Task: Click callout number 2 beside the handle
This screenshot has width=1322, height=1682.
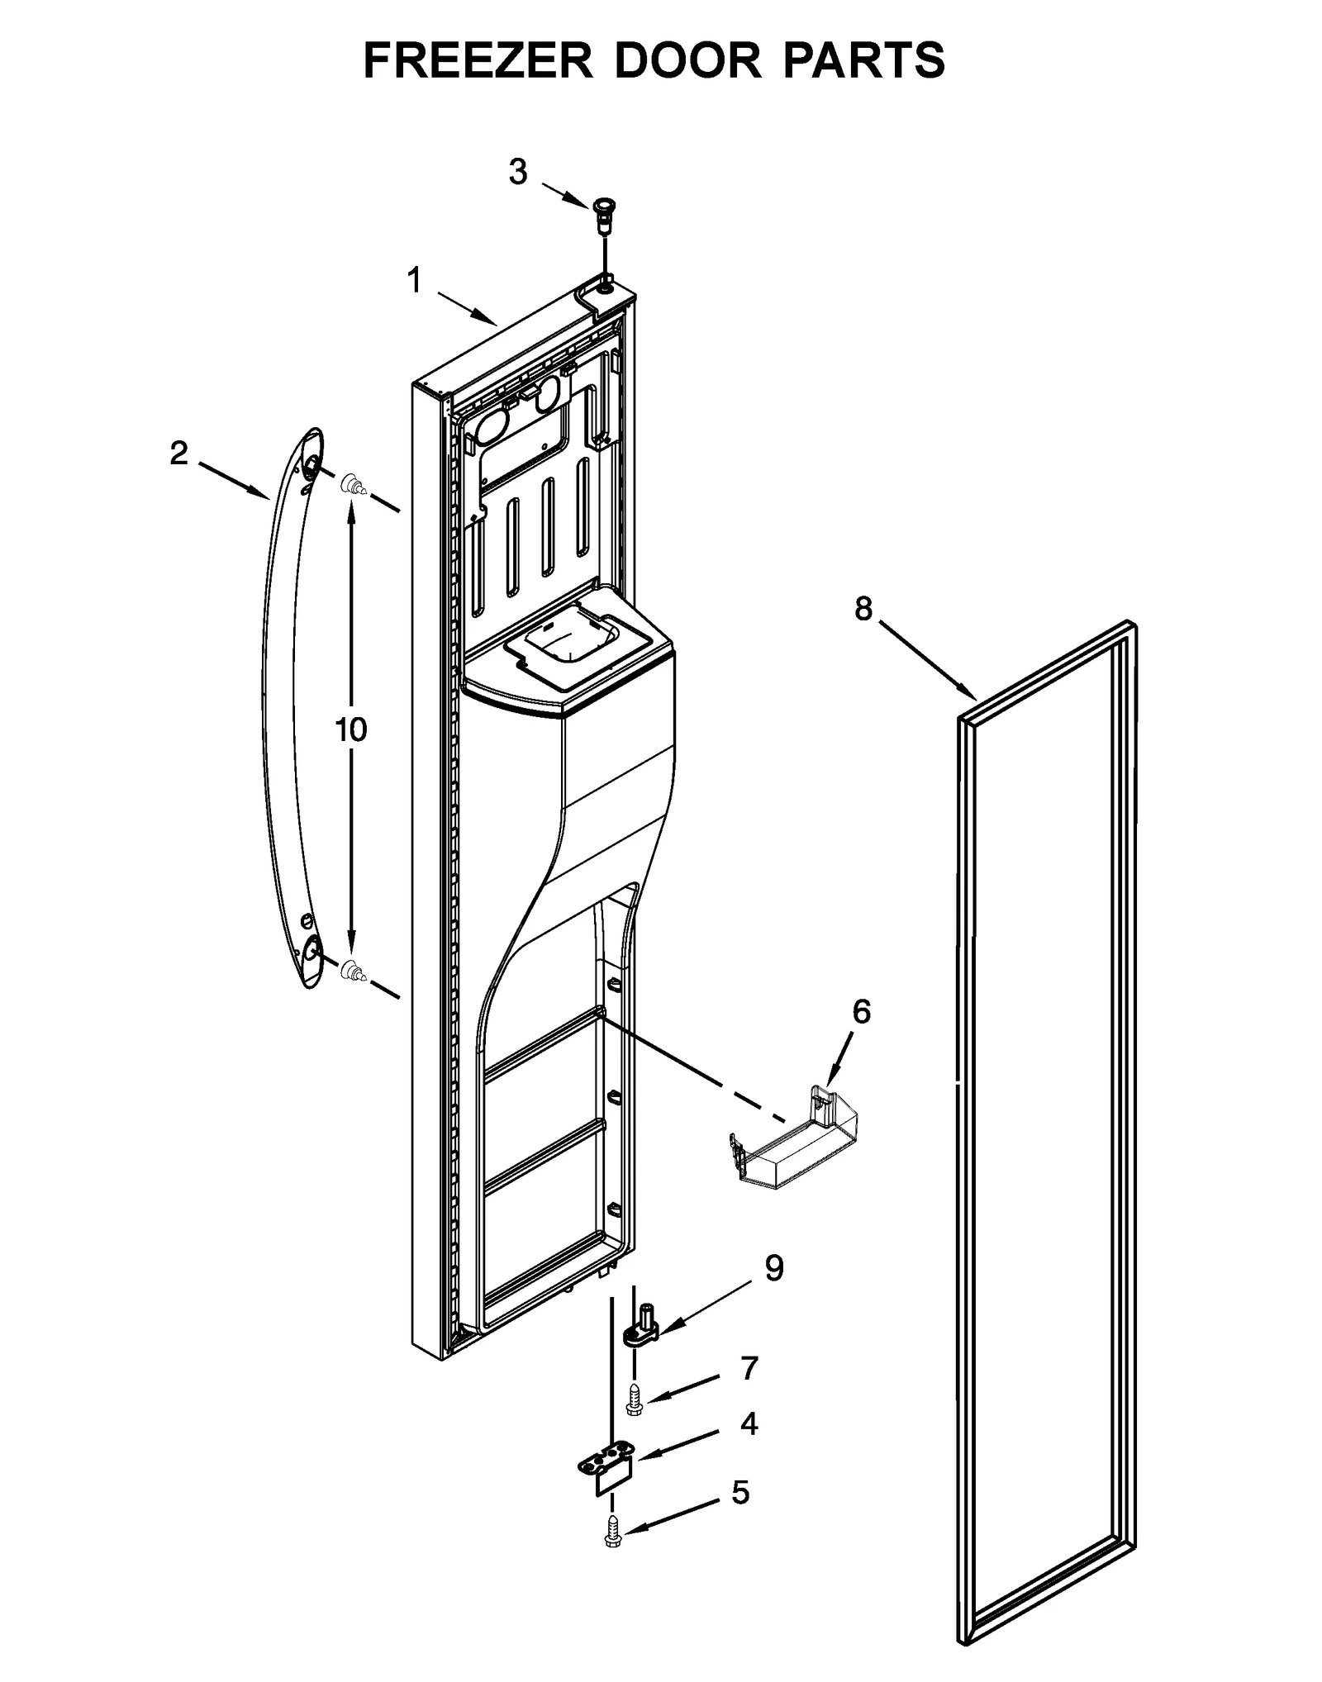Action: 178,453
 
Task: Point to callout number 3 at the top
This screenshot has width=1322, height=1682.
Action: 518,172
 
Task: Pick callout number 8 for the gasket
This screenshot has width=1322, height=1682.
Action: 863,609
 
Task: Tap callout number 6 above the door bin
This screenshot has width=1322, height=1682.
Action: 861,1011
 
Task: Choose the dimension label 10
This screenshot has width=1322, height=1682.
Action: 351,729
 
